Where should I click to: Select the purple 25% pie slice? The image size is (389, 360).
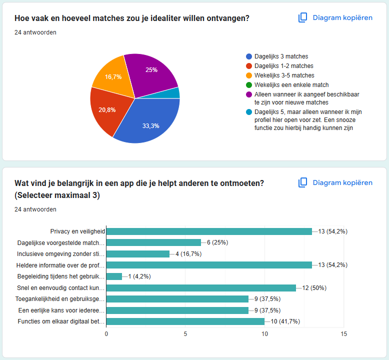pos(150,72)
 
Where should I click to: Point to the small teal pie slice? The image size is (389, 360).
pos(174,93)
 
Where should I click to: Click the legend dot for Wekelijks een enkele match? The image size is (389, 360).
pos(249,85)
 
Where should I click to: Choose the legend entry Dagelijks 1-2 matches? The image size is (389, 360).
pos(284,66)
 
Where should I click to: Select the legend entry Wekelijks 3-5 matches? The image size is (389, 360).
pos(284,75)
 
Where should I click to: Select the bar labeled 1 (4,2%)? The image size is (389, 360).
pos(114,276)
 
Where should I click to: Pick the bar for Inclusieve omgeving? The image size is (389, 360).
pos(138,253)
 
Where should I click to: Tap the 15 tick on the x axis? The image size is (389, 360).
pos(343,333)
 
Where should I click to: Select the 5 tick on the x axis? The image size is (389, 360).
pos(185,333)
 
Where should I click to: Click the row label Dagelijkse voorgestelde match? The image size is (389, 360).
pos(60,242)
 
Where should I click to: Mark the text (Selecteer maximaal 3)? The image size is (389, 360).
pos(57,195)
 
